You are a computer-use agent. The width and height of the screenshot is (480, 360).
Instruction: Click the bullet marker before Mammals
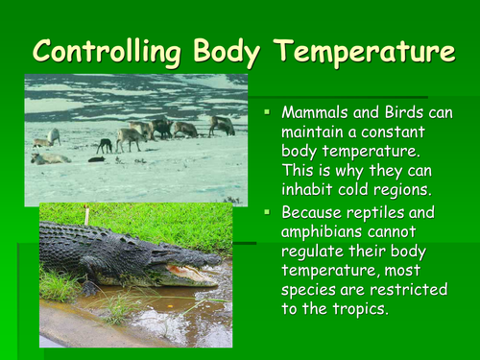point(268,113)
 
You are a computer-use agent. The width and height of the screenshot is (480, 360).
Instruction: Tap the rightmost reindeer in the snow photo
point(222,125)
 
